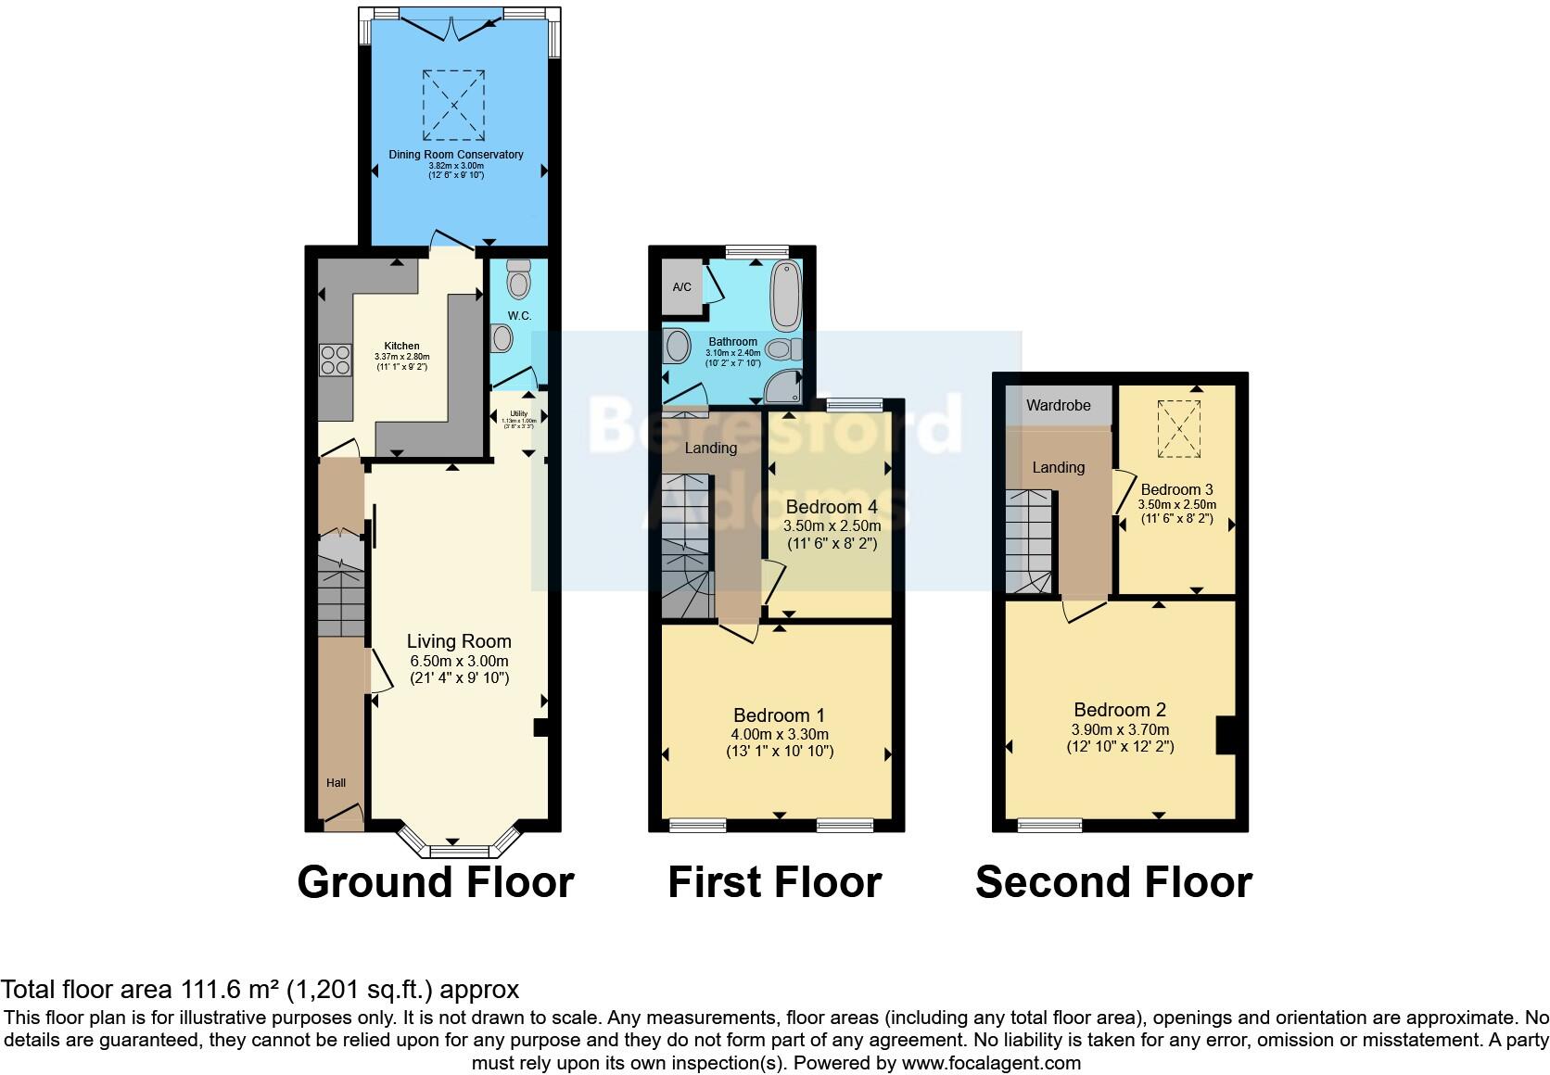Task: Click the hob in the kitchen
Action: (x=336, y=360)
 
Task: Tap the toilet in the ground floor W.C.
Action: (x=518, y=278)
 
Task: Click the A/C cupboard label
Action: (x=681, y=287)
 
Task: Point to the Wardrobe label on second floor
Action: (x=1058, y=406)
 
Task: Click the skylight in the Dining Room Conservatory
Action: (x=454, y=105)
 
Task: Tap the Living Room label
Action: (x=459, y=641)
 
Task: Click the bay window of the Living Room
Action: (x=458, y=846)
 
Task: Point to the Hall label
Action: (x=336, y=783)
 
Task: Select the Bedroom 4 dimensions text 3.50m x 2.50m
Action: (x=832, y=525)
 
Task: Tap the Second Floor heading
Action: (x=1113, y=881)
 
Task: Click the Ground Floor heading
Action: (x=436, y=881)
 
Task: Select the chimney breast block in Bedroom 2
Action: (x=1226, y=736)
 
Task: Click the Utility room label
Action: (x=518, y=414)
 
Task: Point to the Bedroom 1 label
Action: (x=779, y=715)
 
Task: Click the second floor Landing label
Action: (x=1058, y=468)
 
